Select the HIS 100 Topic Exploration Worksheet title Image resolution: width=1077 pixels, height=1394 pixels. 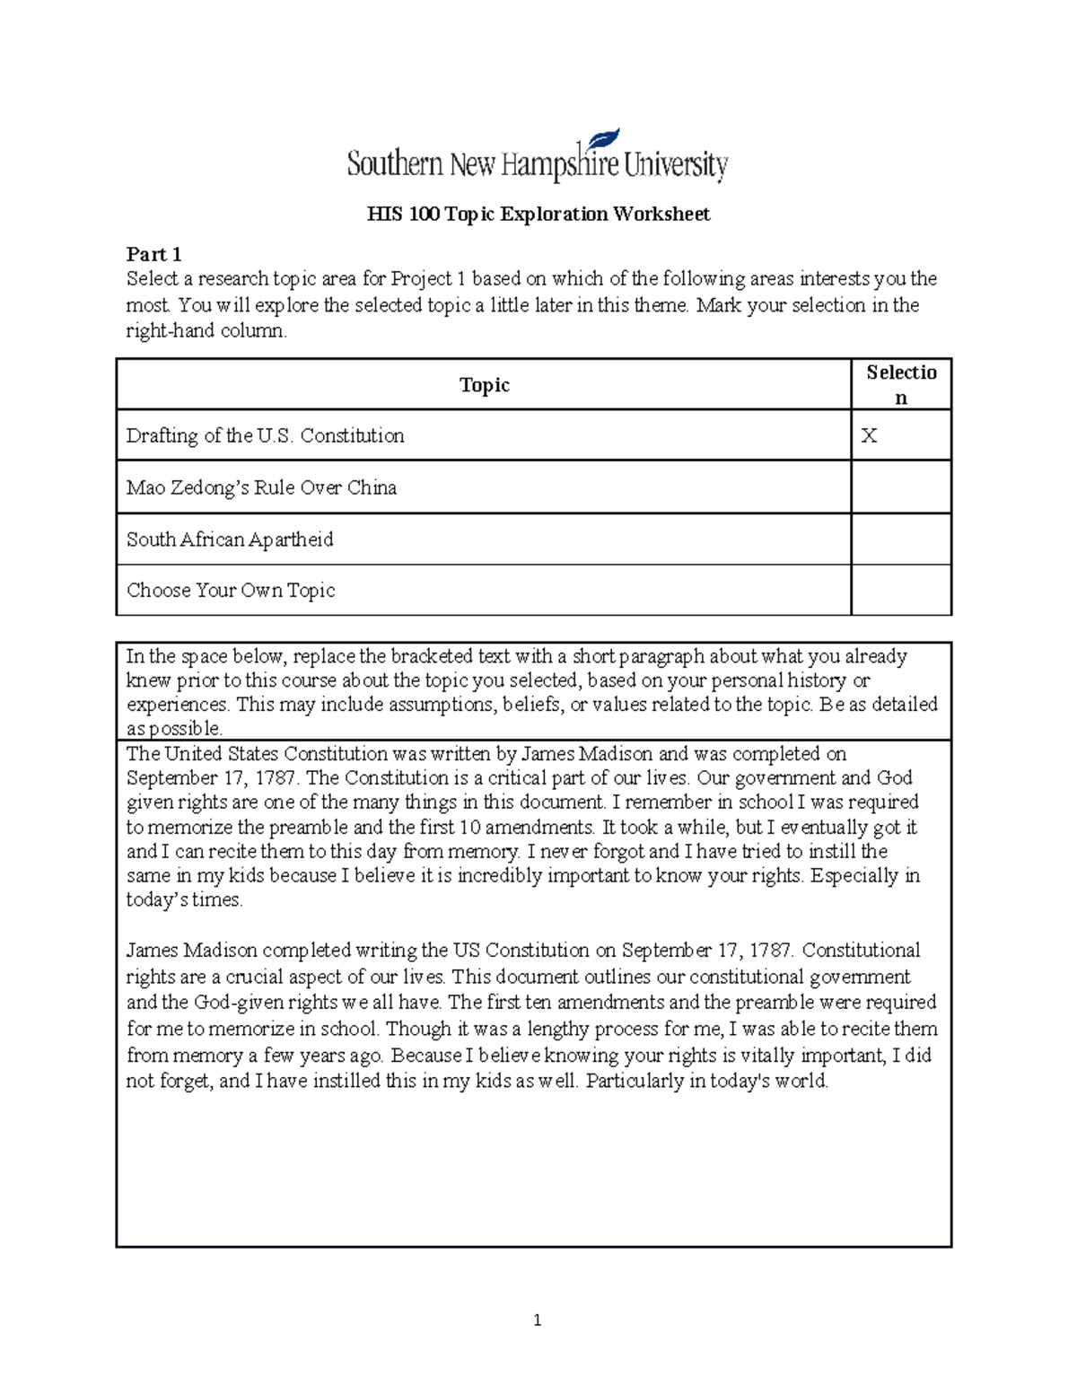point(538,214)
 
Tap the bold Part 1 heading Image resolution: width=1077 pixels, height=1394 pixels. point(153,254)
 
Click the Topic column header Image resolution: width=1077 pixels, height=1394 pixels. point(484,385)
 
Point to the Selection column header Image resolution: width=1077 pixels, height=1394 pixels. point(901,384)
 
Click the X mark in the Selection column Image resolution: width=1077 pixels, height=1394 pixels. point(869,436)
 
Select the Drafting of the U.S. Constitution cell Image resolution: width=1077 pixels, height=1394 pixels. point(266,436)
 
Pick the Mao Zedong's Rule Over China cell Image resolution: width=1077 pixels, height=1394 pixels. point(261,487)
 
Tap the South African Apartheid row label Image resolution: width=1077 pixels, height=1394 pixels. point(230,539)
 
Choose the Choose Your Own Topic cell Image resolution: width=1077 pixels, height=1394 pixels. point(231,591)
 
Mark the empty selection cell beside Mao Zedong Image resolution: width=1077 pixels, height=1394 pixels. point(900,487)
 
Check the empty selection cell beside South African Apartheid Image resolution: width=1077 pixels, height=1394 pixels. point(900,539)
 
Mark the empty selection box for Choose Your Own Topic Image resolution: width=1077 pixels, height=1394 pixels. point(900,591)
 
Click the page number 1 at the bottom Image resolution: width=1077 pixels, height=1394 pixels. point(537,1320)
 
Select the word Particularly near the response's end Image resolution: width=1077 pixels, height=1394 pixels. point(635,1082)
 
